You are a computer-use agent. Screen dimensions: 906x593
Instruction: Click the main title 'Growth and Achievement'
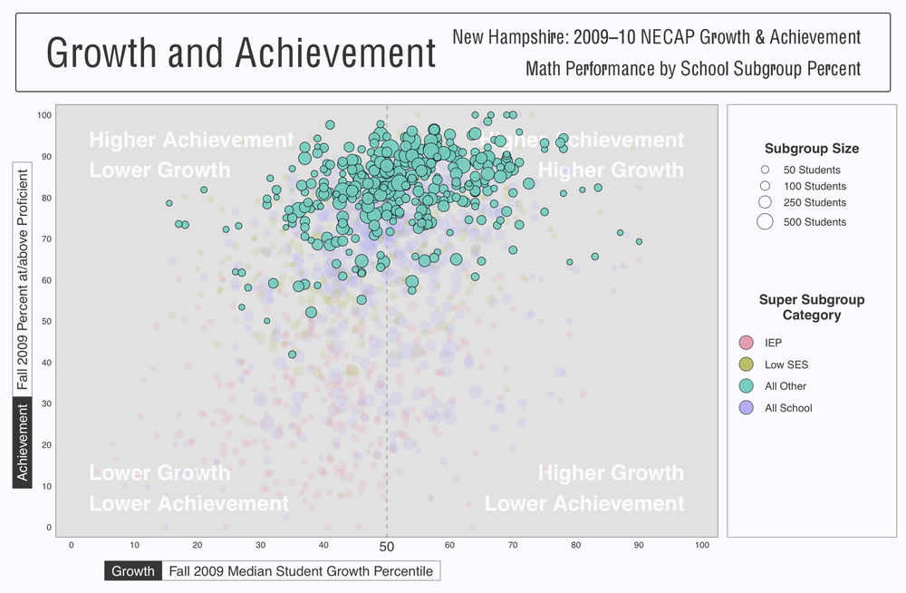coord(241,53)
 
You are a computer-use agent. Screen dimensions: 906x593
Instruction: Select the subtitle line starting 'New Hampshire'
coord(656,37)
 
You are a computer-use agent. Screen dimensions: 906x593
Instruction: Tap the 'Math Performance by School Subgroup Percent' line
coord(693,68)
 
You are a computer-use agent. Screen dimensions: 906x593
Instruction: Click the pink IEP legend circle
coord(747,343)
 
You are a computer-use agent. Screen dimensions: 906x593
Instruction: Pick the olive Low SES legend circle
coord(747,365)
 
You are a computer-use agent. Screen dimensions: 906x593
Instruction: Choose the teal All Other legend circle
coord(747,386)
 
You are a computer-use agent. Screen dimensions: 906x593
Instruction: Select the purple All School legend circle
coord(747,408)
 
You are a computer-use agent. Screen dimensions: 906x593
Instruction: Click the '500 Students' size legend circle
coord(765,221)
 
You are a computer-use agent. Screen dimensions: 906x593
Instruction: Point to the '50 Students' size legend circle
coord(765,170)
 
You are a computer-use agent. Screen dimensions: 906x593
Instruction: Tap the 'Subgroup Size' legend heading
coord(812,149)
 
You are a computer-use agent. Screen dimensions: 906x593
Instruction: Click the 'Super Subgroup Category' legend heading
coord(812,307)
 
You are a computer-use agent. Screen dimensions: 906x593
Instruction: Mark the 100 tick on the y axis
coord(44,115)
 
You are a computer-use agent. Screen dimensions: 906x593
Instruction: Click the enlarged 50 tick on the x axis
coord(387,547)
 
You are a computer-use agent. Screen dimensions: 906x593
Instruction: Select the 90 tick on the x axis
coord(639,545)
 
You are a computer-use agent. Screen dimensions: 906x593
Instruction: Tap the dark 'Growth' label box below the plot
coord(133,571)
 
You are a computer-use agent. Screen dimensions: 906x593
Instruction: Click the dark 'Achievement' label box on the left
coord(23,442)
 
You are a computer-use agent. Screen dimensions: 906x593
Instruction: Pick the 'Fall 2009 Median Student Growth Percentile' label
coord(301,571)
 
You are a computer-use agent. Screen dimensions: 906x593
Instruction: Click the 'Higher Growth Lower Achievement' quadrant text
coord(584,489)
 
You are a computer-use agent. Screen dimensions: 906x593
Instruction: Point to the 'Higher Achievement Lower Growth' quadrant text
coord(191,155)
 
